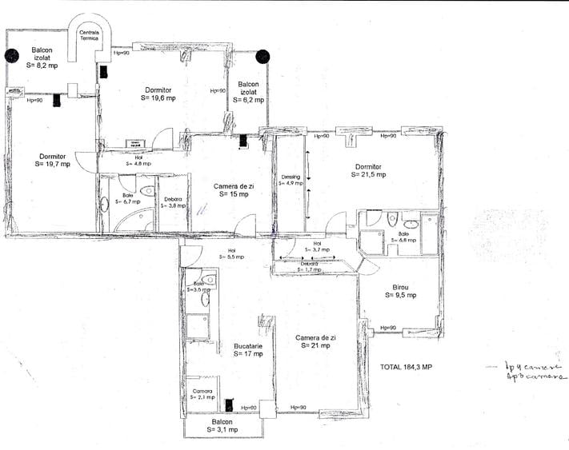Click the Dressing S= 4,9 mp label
coord(291,180)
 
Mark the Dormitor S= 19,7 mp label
coord(53,159)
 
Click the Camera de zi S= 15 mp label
coord(230,190)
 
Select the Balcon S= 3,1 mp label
coord(222,426)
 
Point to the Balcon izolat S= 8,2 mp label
coord(42,58)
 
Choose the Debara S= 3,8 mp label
coord(173,202)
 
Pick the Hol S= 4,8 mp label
coord(138,161)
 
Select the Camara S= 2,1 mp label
coord(202,394)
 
